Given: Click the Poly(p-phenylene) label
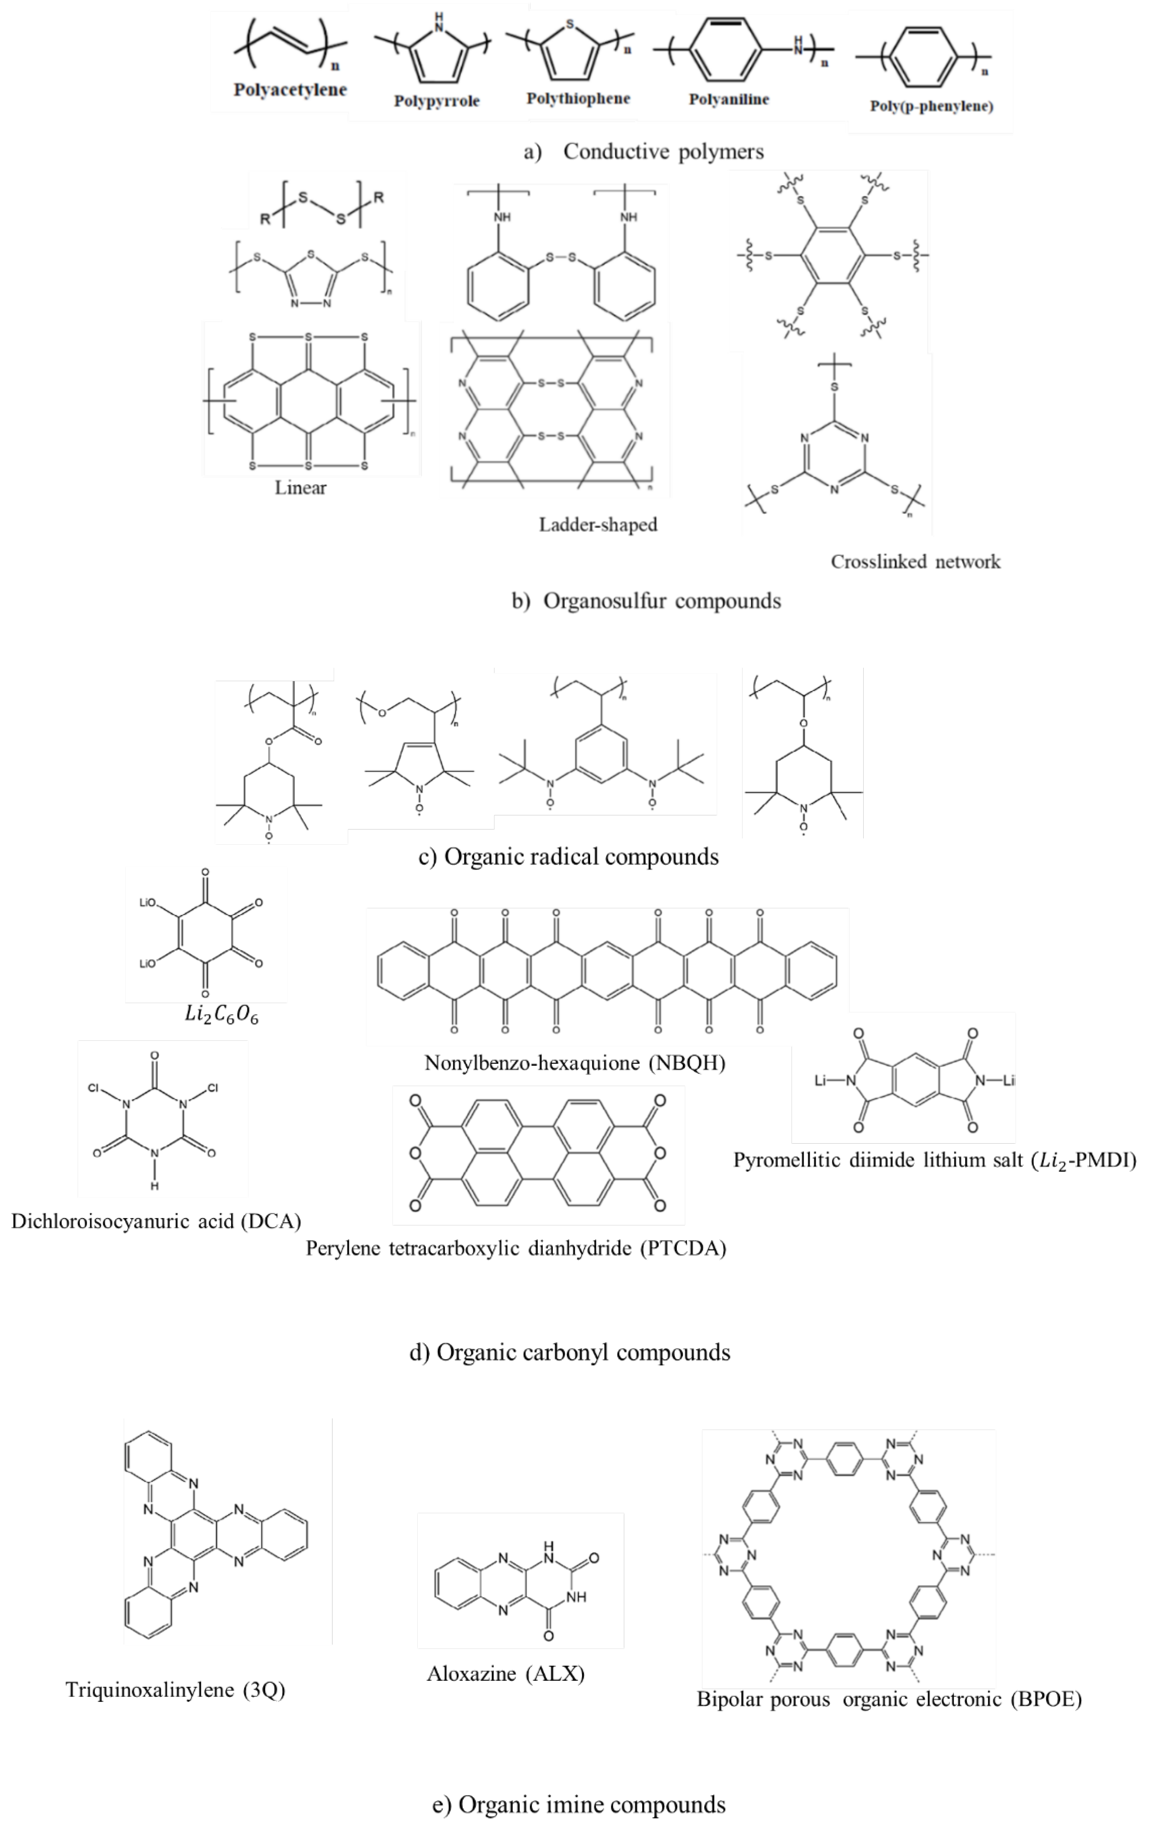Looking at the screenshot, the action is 931,106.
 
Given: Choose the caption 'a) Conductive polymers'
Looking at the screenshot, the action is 644,152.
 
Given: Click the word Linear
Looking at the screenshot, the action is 300,488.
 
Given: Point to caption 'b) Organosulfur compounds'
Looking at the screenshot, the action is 646,601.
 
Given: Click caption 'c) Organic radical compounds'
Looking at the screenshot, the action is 569,857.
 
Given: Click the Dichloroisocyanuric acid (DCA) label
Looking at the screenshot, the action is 156,1221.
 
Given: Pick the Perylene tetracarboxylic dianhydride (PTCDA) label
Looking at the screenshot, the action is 516,1248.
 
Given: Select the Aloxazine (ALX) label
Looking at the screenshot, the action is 506,1674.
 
